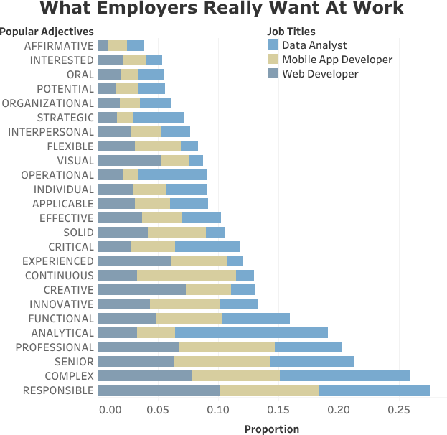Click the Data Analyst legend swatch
point(273,45)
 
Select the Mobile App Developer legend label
point(337,60)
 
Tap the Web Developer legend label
point(320,74)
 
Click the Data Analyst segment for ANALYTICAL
point(251,333)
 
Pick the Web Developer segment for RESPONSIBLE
point(158,390)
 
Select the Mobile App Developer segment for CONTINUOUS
point(186,276)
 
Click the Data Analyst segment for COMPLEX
point(344,376)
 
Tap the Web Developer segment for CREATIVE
point(141,290)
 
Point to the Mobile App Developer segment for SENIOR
point(221,362)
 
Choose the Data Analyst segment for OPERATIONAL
point(171,175)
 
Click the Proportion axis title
point(271,429)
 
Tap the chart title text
point(222,9)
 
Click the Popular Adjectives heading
point(47,32)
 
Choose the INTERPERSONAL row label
point(50,132)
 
